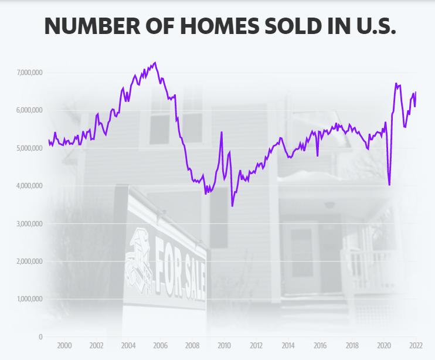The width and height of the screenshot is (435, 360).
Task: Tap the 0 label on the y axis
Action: (x=40, y=337)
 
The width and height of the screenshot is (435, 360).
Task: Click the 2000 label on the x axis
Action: (x=64, y=346)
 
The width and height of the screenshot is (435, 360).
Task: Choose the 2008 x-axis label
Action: (x=192, y=346)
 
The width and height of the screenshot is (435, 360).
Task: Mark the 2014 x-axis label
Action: (x=288, y=346)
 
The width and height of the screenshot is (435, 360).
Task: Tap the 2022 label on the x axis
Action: (x=416, y=346)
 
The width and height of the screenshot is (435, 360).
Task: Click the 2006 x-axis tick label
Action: (x=160, y=346)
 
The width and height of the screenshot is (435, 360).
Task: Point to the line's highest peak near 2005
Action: (x=155, y=63)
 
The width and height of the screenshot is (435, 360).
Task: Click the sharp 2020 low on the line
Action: (x=389, y=185)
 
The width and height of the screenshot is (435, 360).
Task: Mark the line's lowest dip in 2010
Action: (x=232, y=206)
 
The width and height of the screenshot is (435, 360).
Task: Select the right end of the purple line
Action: (x=416, y=92)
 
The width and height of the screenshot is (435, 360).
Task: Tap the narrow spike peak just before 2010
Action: (x=222, y=133)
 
